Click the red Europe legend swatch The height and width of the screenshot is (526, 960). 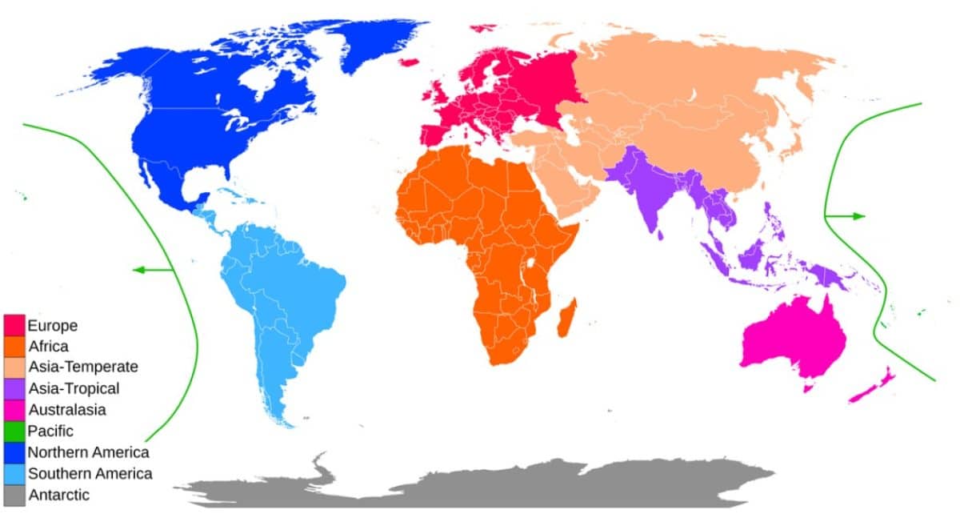14,326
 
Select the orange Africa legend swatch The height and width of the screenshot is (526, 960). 14,347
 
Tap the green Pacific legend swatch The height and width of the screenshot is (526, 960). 14,431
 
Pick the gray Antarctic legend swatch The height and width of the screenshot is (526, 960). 14,495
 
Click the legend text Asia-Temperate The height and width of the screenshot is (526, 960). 83,367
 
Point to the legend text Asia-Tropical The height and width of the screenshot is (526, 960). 74,389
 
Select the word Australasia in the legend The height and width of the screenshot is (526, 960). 66,410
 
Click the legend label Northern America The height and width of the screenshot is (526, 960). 88,452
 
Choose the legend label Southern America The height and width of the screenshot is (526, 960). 90,473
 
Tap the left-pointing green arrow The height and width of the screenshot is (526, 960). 152,270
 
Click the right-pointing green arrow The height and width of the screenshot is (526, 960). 848,216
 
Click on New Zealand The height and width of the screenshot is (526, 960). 876,384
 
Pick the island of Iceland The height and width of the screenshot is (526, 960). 410,62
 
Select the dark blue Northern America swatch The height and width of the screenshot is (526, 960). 14,452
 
